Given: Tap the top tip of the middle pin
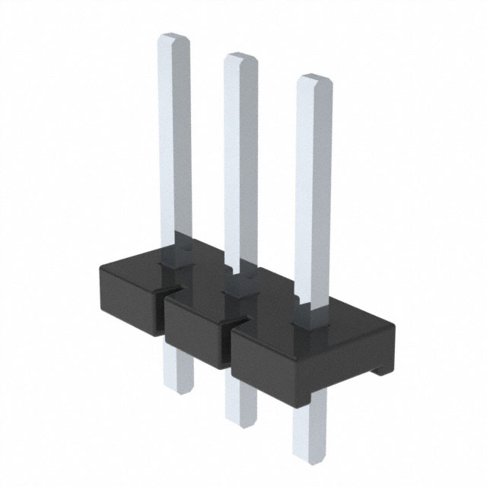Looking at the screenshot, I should click(240, 58).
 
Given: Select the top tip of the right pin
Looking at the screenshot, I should click(314, 79).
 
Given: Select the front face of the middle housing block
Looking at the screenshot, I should click(194, 335).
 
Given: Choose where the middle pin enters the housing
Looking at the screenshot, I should click(242, 285).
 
